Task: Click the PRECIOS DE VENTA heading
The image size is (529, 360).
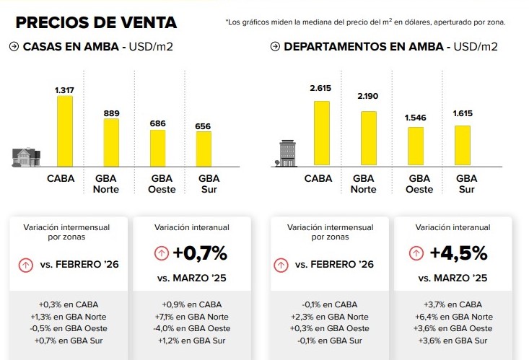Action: [x=96, y=22]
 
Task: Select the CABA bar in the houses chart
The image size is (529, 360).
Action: [x=65, y=131]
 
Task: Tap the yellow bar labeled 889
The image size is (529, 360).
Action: [x=111, y=143]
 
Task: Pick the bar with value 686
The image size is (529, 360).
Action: [x=157, y=148]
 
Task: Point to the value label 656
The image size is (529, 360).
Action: [x=204, y=126]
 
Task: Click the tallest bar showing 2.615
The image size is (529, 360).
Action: [x=321, y=133]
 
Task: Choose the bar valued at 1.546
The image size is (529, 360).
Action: [x=415, y=146]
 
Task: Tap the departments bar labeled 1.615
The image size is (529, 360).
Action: [x=462, y=146]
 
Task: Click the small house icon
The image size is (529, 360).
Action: [x=25, y=157]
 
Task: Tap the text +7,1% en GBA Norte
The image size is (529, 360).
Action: [x=191, y=317]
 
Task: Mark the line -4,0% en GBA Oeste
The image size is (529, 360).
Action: [x=191, y=329]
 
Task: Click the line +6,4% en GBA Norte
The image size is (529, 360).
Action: [x=453, y=317]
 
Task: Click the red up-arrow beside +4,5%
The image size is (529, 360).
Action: [x=416, y=253]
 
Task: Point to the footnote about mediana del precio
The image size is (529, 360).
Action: [x=365, y=22]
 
